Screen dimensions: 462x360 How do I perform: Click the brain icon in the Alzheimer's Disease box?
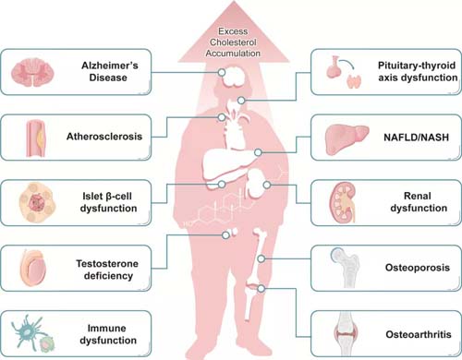[x=32, y=72]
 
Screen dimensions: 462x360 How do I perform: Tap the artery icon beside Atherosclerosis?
[x=36, y=138]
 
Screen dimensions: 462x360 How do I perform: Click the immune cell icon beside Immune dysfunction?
[x=32, y=333]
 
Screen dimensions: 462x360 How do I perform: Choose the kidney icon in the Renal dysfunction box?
[x=343, y=202]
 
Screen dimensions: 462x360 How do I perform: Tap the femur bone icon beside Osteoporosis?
[x=346, y=268]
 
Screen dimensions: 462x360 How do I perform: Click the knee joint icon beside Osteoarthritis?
[x=346, y=334]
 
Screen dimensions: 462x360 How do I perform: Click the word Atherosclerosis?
[x=104, y=137]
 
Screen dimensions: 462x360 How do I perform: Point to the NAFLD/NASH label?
[x=416, y=137]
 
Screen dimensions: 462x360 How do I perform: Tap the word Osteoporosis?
[x=418, y=268]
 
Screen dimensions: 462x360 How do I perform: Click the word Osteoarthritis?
[x=419, y=334]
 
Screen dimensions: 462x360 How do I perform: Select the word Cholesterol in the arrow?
[x=233, y=42]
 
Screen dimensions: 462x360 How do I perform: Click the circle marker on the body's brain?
[x=222, y=73]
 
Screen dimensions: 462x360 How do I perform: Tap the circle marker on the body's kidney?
[x=267, y=185]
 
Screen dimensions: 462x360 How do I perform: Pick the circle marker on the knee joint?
[x=261, y=289]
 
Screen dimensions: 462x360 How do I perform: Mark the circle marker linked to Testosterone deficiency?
[x=225, y=235]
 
